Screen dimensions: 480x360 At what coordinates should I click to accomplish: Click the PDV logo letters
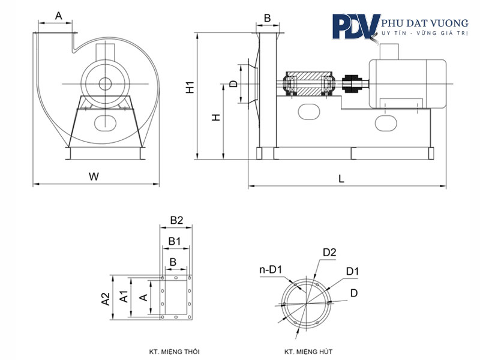(x=356, y=27)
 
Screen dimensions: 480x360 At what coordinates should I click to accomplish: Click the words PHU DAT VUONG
(x=425, y=23)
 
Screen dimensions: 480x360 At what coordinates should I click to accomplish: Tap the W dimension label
(x=94, y=176)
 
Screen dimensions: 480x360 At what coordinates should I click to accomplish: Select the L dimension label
(x=341, y=178)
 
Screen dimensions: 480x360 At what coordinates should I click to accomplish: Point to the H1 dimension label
(x=190, y=87)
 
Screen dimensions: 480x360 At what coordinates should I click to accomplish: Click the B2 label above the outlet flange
(x=176, y=220)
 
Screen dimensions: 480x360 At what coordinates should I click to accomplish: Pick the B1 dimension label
(x=175, y=241)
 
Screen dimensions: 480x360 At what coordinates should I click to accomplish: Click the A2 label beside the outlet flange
(x=106, y=299)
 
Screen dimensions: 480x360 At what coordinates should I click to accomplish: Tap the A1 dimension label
(x=124, y=296)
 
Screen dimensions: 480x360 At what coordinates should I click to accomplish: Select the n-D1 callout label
(x=271, y=269)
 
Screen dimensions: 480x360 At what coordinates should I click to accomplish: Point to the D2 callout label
(x=329, y=252)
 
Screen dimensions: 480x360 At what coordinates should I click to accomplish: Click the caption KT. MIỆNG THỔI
(x=174, y=352)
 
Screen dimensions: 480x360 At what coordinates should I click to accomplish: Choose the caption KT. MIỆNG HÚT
(x=308, y=352)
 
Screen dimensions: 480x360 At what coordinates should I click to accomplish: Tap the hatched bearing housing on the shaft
(x=308, y=83)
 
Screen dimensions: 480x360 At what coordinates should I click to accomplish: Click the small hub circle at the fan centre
(x=105, y=83)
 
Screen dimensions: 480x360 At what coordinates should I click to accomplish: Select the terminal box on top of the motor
(x=389, y=52)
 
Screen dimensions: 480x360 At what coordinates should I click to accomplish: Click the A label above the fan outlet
(x=58, y=16)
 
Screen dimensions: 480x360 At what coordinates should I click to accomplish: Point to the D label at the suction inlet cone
(x=233, y=83)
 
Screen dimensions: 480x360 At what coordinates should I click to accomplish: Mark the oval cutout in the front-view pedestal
(x=106, y=122)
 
